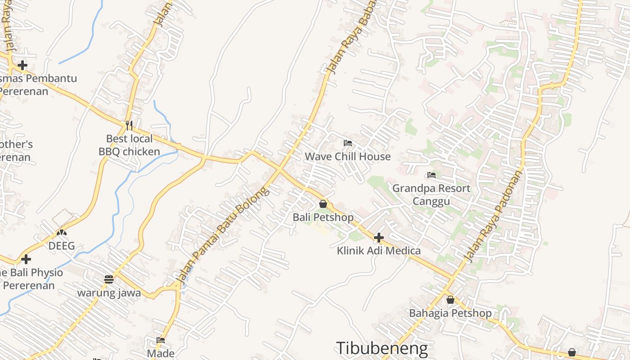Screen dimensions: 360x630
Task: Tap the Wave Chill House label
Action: pyautogui.click(x=347, y=157)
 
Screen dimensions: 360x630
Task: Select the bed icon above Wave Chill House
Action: pyautogui.click(x=347, y=143)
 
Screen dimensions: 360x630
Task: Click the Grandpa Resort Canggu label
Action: pyautogui.click(x=431, y=194)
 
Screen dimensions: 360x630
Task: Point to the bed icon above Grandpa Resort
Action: pyautogui.click(x=432, y=175)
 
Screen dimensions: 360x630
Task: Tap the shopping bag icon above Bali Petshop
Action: pyautogui.click(x=323, y=204)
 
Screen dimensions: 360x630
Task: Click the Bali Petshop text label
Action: pyautogui.click(x=323, y=217)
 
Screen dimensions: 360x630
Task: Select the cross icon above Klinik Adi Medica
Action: pyautogui.click(x=379, y=237)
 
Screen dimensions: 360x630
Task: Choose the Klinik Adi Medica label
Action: pyautogui.click(x=379, y=251)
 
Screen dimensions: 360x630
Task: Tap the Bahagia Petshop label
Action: pyautogui.click(x=450, y=313)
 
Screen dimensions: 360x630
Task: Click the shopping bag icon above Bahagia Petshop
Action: pyautogui.click(x=450, y=300)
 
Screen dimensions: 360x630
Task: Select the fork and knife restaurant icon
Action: pyautogui.click(x=129, y=125)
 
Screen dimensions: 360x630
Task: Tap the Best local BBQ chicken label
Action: pyautogui.click(x=129, y=145)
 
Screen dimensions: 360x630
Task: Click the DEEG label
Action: pyautogui.click(x=62, y=246)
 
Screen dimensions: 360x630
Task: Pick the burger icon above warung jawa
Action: pyautogui.click(x=109, y=279)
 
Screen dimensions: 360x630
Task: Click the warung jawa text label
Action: pyautogui.click(x=109, y=293)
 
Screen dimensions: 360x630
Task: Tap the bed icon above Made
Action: pyautogui.click(x=161, y=340)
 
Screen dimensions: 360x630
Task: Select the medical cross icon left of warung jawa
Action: pyautogui.click(x=26, y=259)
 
